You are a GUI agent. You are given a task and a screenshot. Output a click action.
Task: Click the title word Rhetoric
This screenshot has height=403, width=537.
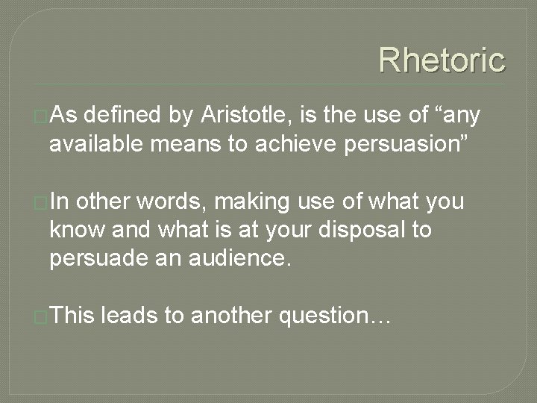coord(442,60)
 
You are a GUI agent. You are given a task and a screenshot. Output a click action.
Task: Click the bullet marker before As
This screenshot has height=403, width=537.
coord(43,117)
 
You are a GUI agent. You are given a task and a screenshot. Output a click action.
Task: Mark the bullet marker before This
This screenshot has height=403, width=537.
coord(43,317)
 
